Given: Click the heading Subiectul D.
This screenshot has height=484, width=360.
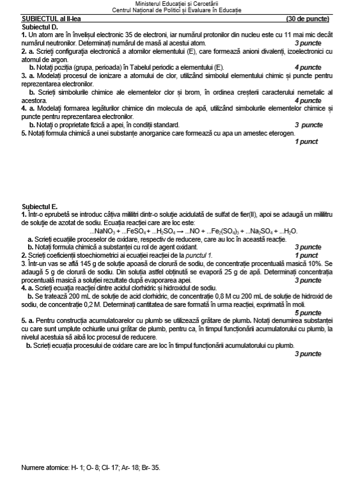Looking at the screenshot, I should point(40,26).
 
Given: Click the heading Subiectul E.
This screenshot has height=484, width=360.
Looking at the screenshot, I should point(40,207).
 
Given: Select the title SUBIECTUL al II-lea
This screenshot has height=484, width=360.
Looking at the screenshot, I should point(50,19).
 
